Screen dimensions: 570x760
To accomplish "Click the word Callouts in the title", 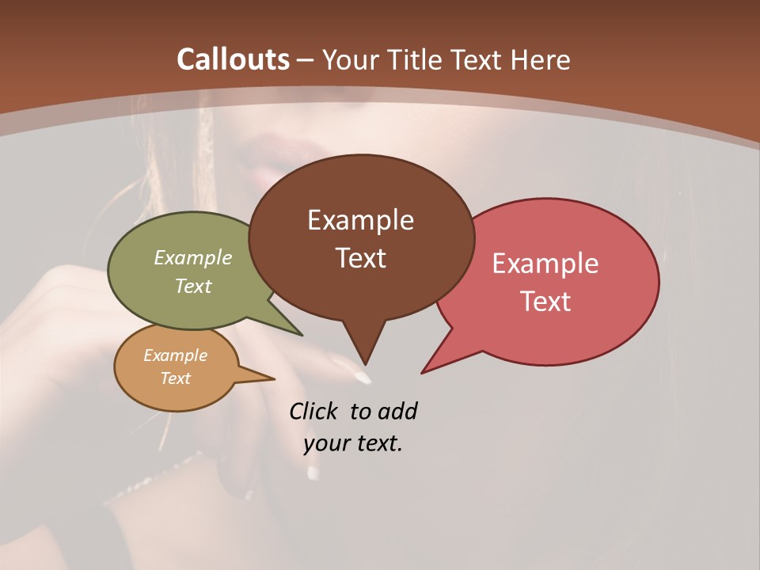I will [233, 59].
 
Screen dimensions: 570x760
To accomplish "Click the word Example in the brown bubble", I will [360, 220].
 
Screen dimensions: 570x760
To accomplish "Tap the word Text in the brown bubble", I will [360, 258].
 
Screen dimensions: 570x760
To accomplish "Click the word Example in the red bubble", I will [545, 264].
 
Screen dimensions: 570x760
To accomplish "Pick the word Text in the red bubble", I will [545, 302].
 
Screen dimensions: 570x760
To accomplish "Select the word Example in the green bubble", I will [193, 257].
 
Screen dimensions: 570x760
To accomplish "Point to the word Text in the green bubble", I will [193, 286].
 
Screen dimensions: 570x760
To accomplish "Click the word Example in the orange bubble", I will [175, 355].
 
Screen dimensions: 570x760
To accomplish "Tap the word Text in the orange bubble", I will [175, 378].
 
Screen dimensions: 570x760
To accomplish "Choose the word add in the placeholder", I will [397, 411].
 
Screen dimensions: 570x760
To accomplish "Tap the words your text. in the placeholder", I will [353, 443].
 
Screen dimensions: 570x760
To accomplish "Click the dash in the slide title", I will [305, 60].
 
